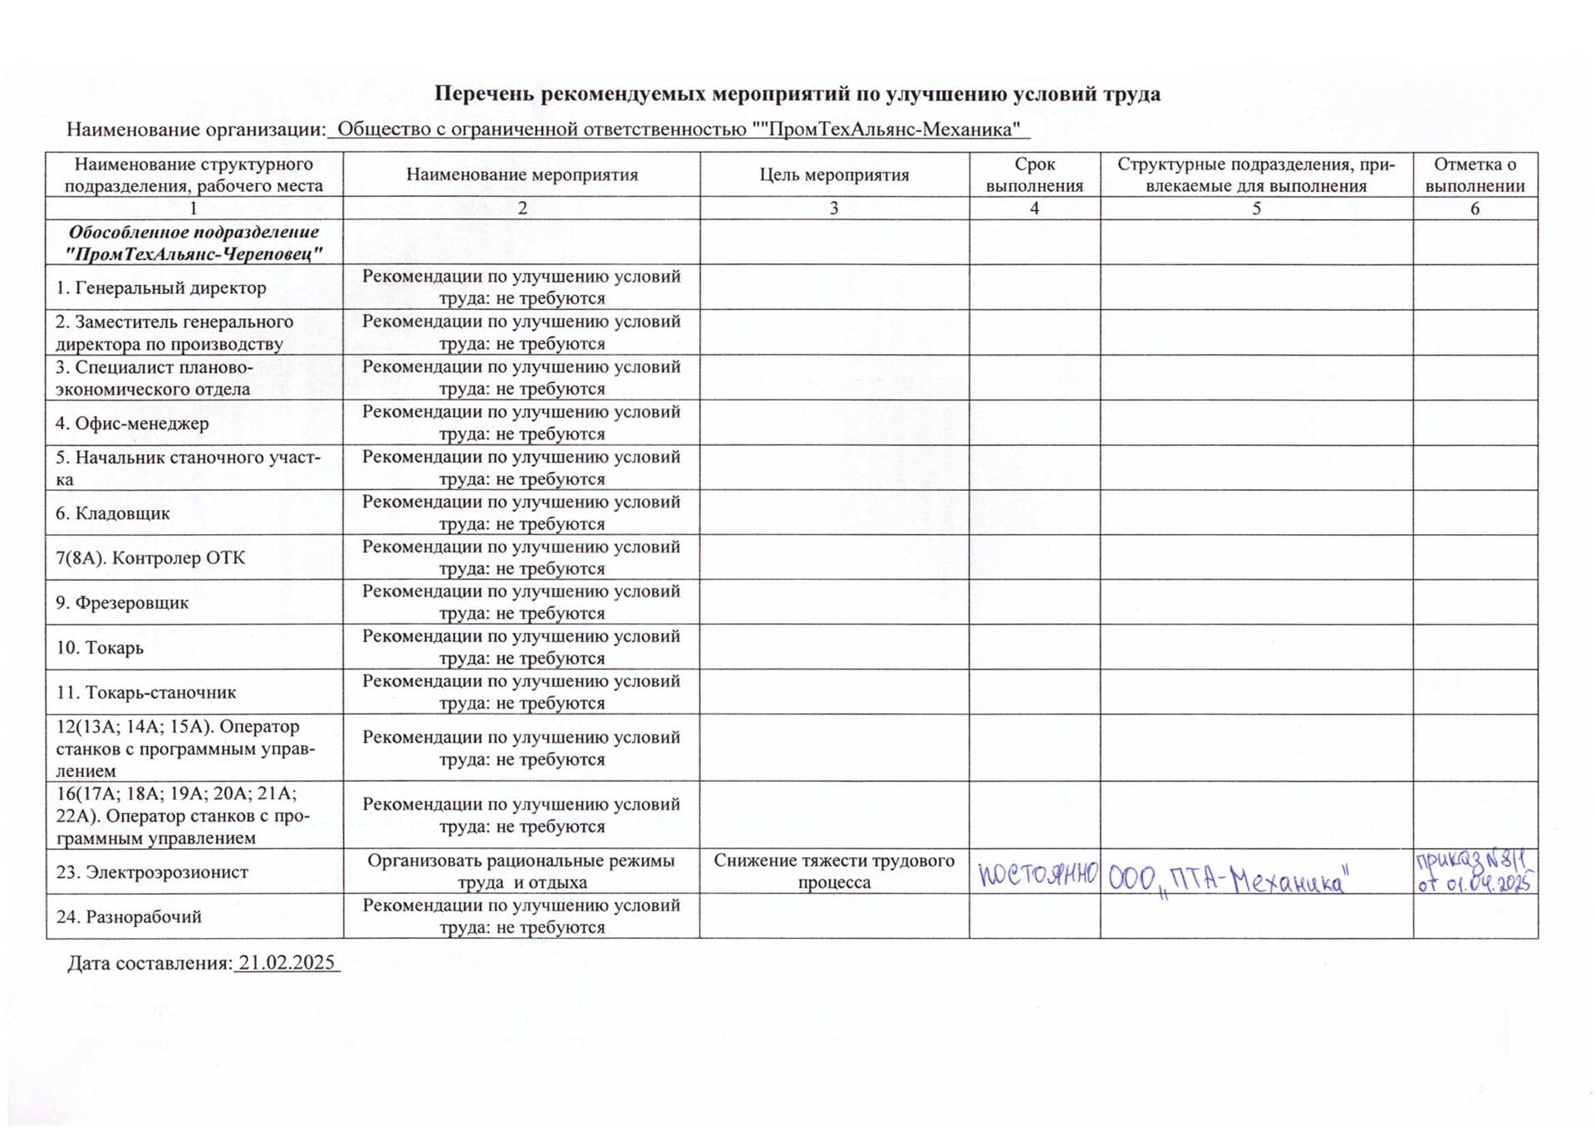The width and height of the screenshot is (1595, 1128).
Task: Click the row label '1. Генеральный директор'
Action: point(160,288)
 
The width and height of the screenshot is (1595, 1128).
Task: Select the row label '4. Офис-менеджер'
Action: point(132,424)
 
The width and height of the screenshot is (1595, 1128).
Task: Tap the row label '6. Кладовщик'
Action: point(112,513)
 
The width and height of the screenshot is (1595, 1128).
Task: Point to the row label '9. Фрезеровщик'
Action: point(122,603)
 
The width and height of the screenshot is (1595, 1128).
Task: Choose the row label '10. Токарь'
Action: point(100,648)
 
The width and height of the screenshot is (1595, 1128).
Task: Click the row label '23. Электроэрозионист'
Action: point(152,872)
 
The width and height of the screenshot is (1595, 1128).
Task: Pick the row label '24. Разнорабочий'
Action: point(129,917)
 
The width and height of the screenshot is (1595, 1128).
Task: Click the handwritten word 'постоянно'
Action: point(1038,874)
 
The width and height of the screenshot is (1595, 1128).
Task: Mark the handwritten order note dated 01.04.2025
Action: point(1475,871)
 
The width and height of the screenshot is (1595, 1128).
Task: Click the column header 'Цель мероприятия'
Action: point(834,175)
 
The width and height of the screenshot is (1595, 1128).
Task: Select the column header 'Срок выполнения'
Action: point(1034,175)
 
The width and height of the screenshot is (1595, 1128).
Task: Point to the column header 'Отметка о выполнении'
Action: point(1475,175)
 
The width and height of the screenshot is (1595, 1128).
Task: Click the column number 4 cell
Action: point(1034,208)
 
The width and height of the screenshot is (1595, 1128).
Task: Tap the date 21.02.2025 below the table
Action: point(287,963)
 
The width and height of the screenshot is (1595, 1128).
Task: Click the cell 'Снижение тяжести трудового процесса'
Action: point(834,871)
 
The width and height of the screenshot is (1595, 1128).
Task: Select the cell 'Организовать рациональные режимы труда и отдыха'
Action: point(522,871)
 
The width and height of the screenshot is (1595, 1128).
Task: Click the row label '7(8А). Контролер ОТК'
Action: point(150,558)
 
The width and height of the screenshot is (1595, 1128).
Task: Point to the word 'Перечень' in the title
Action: point(484,94)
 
